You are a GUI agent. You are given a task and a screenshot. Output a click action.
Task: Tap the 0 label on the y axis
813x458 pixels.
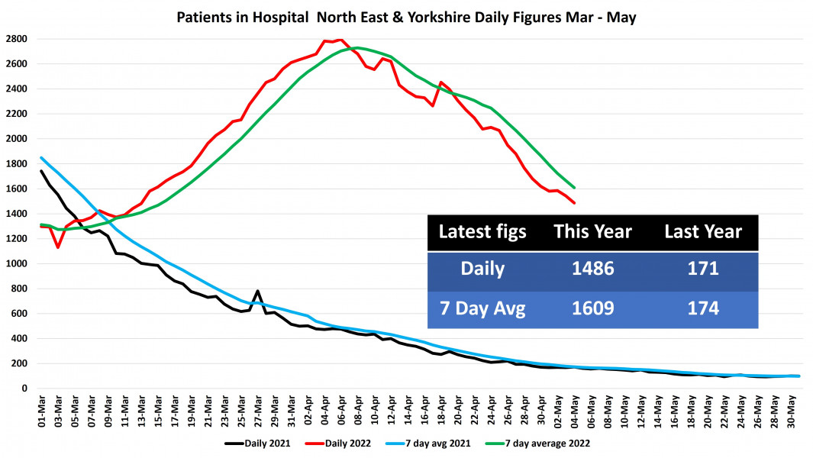pos(24,389)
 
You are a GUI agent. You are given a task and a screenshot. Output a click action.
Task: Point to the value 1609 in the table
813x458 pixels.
pos(592,308)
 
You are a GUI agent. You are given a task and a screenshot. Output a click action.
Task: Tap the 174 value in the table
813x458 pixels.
pos(703,308)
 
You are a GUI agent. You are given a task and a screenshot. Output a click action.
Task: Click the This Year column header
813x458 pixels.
pos(592,232)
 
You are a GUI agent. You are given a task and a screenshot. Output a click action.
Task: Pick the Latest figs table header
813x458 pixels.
pos(482,232)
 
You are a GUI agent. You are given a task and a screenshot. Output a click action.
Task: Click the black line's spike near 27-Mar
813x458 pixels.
pos(258,291)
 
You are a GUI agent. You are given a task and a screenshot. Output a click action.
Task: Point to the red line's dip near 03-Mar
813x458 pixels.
pos(57,247)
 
